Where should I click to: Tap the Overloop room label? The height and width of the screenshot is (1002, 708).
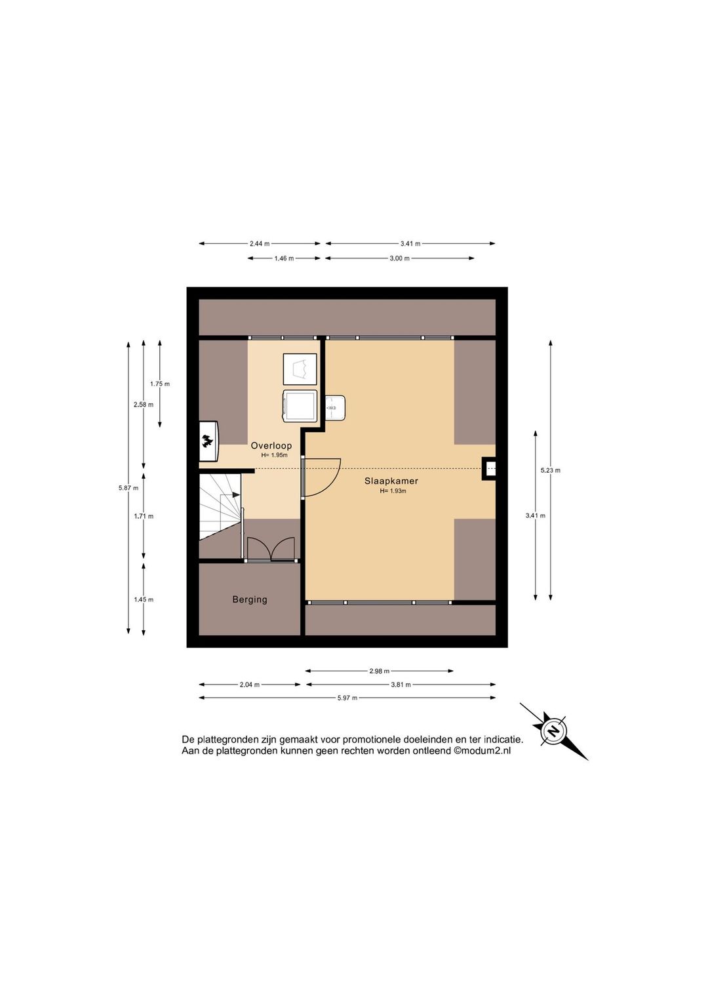pos(271,445)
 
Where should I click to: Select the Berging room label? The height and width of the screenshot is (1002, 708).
pos(250,599)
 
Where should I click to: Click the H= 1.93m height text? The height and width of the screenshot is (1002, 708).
pos(393,491)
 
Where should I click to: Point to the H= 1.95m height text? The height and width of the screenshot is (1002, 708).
pos(274,455)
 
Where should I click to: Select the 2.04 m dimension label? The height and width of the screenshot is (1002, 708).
pos(250,685)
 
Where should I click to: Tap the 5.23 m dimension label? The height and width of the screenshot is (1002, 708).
pos(550,470)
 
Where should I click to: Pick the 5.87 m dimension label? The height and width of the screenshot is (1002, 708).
pos(128,488)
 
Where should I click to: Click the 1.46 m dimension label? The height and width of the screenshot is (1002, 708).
pos(284,258)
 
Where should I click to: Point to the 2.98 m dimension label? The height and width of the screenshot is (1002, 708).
pos(380,671)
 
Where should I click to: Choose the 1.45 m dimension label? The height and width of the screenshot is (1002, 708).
pos(144,599)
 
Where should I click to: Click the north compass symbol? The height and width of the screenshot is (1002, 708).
pos(554,731)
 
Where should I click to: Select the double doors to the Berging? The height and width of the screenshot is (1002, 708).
pos(271,549)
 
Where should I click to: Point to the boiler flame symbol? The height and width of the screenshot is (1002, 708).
pos(207,441)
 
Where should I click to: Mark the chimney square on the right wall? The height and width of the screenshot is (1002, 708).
pos(489,469)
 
